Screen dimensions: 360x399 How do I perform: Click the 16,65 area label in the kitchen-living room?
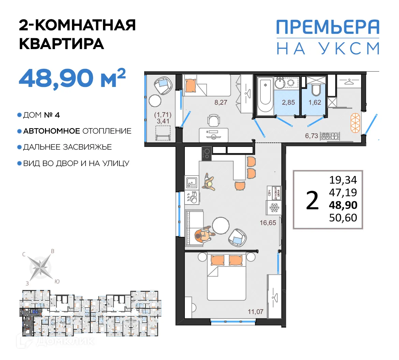point(268,223)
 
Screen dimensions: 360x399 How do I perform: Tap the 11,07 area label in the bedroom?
point(255,311)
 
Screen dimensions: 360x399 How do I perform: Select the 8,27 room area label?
point(221,102)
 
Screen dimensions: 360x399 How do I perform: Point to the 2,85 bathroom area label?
point(288,102)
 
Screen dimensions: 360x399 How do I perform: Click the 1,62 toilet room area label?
point(314,102)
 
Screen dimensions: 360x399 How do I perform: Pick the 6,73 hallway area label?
point(311,136)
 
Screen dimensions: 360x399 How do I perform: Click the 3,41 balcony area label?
point(163,121)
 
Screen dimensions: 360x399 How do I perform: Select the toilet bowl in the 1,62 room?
point(316,90)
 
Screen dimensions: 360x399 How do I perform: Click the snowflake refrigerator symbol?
point(274,207)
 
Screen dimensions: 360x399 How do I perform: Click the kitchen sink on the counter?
point(192,182)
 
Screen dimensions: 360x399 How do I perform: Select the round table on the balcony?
point(155,101)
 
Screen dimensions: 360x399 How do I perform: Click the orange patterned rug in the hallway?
point(355,123)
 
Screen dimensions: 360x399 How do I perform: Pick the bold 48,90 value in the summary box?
point(343,205)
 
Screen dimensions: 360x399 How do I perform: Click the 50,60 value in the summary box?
point(343,217)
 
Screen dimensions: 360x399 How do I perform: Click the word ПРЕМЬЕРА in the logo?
point(327,27)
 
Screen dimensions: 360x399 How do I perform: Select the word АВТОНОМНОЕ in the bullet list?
point(51,131)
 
